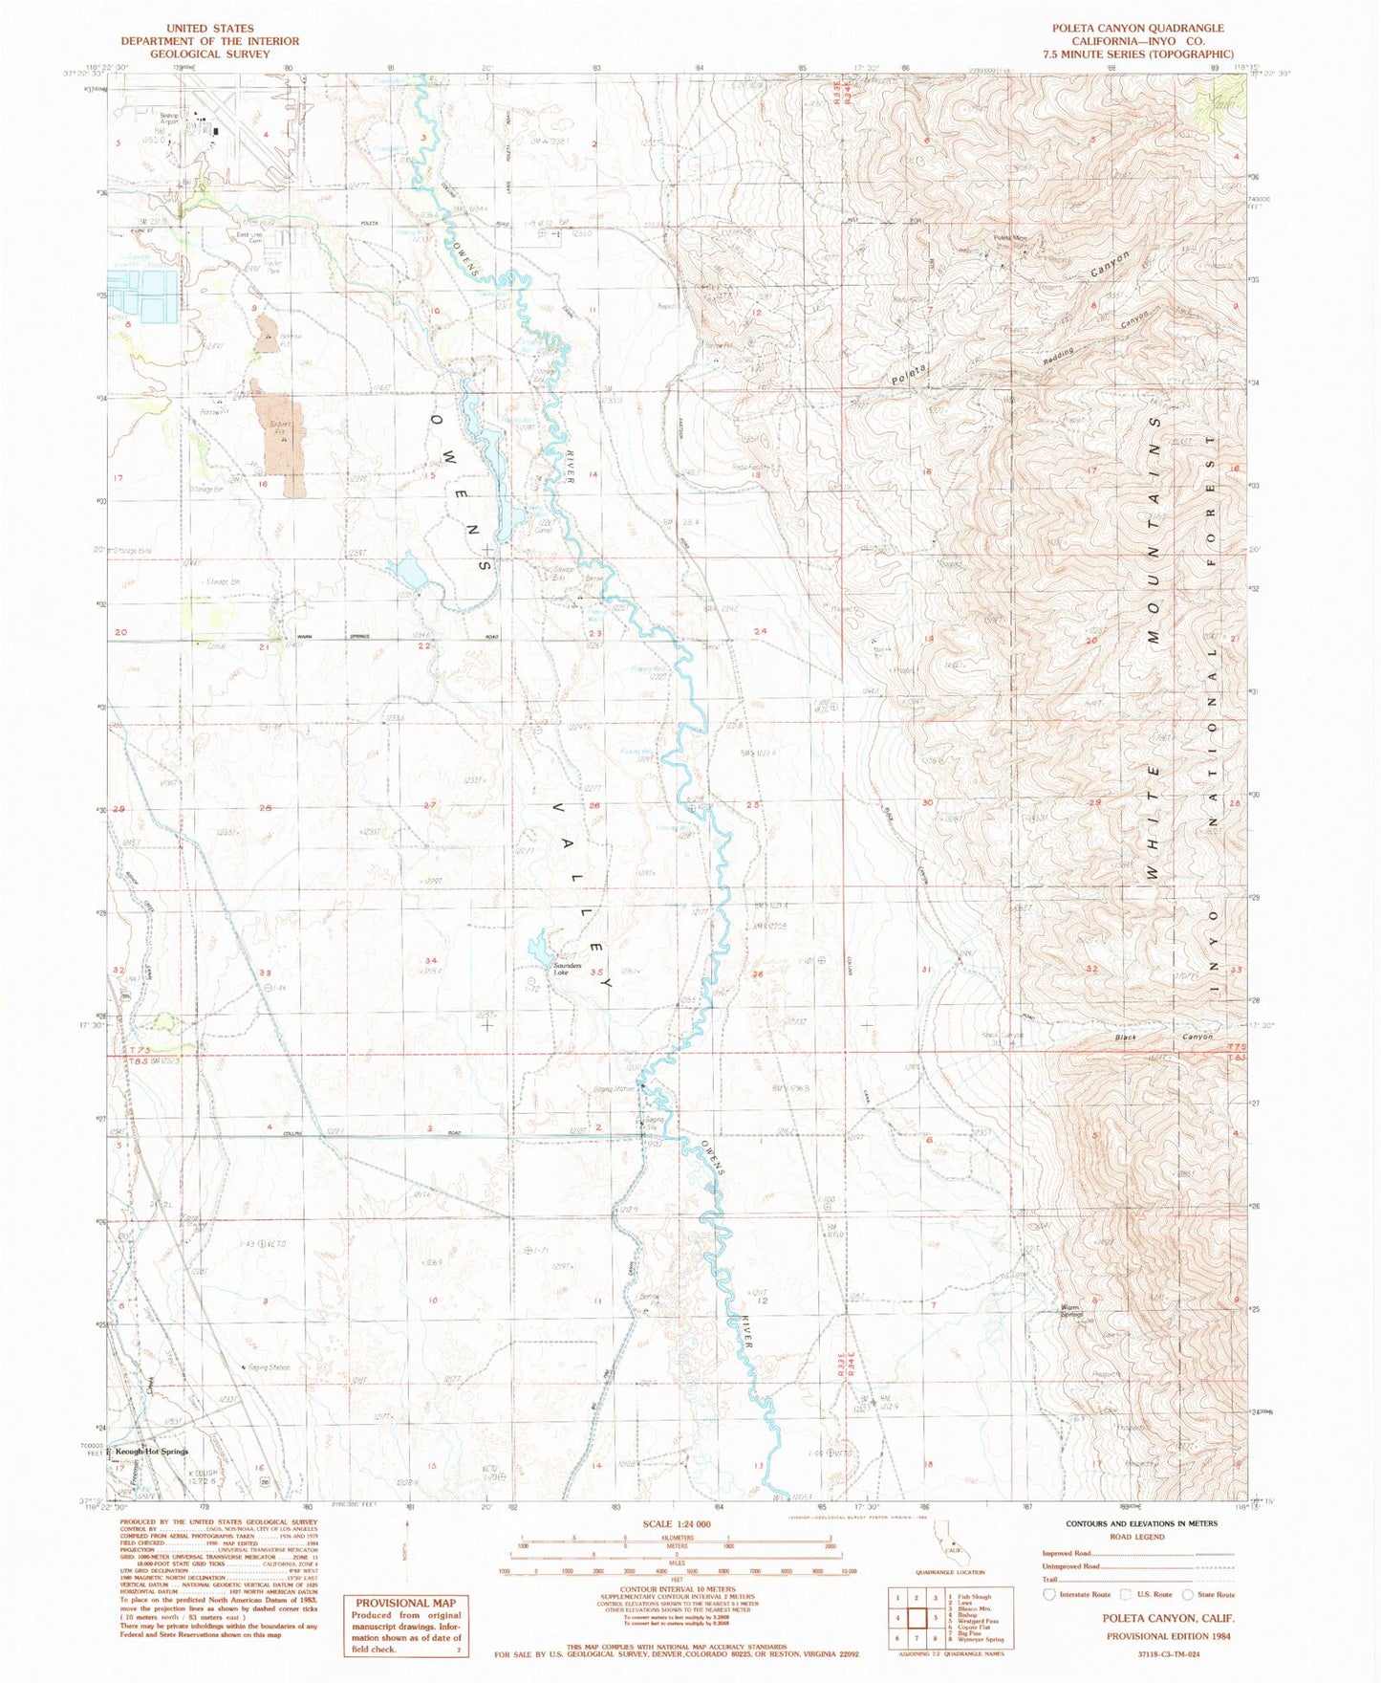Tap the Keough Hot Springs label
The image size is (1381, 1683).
[x=151, y=1451]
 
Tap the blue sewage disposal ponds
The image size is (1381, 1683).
[x=143, y=295]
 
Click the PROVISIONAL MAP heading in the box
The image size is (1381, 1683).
[x=406, y=1603]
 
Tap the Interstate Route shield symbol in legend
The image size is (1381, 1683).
[x=1049, y=1594]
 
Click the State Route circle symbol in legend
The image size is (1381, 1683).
[x=1188, y=1594]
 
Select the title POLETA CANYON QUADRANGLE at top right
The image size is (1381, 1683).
[x=1138, y=29]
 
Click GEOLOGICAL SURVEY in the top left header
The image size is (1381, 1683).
[x=209, y=54]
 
